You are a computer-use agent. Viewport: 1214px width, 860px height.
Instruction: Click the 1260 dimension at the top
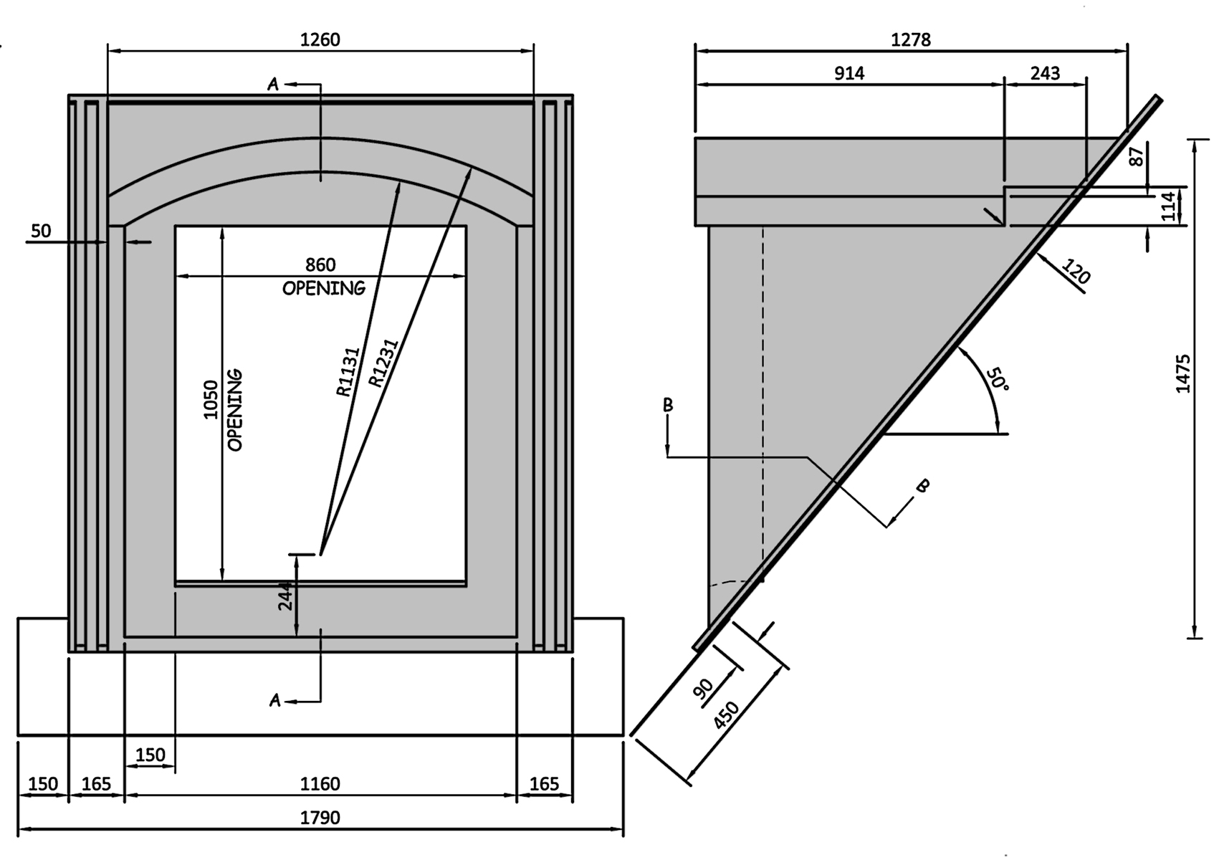320,40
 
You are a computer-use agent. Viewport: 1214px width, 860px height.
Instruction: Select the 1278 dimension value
910,40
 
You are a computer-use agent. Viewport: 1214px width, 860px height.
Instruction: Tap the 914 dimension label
849,73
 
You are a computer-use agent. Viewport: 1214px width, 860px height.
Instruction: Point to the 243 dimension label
1045,73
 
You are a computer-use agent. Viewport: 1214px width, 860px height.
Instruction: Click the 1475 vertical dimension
1183,373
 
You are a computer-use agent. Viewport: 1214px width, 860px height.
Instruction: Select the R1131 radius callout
348,372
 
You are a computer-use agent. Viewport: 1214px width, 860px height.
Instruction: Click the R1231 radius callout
383,363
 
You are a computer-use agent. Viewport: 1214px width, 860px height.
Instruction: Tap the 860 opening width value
320,265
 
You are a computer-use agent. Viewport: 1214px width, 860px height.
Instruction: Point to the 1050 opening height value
210,400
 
